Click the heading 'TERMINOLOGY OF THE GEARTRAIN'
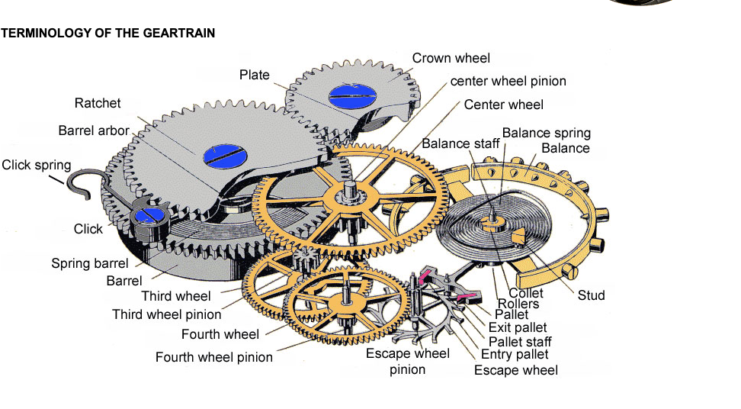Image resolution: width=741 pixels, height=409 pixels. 107,33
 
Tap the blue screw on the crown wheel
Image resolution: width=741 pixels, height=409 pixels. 352,96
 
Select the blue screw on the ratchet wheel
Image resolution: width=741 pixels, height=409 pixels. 226,156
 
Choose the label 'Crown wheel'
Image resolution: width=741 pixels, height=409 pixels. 451,58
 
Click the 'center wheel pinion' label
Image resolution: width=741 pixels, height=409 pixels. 508,82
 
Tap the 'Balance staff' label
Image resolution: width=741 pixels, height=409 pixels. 460,143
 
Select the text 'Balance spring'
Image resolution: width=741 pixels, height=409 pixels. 547,133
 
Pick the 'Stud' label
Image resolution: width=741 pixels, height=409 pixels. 591,295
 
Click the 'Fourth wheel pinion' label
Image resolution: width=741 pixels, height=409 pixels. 214,357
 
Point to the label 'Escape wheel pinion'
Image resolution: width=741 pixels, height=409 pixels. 407,361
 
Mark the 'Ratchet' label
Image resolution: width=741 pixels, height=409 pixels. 98,103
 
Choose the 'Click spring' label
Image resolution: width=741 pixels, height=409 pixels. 37,165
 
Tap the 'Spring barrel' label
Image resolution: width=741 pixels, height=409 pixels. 90,263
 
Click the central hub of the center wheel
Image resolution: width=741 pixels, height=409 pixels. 350,196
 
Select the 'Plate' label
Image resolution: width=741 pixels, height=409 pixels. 255,75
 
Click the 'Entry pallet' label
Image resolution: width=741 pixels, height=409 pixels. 515,355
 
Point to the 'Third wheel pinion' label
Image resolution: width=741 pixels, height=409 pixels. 167,314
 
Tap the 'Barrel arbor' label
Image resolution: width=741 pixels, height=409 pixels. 94,130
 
